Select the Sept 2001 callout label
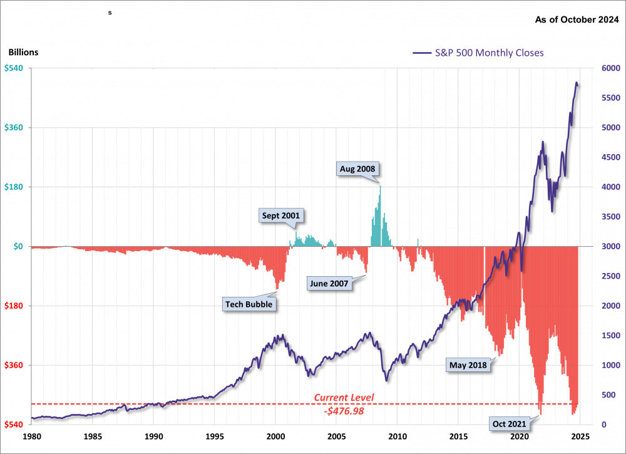[281, 216]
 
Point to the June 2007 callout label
[329, 283]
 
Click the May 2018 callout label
[468, 364]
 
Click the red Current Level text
[343, 398]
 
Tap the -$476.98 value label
[343, 411]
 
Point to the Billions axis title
[24, 53]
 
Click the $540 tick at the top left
[14, 68]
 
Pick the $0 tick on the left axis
[18, 247]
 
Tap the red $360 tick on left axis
[14, 365]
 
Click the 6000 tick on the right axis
[610, 68]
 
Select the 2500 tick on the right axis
[610, 276]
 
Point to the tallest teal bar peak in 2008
[380, 187]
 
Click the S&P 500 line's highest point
[577, 82]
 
